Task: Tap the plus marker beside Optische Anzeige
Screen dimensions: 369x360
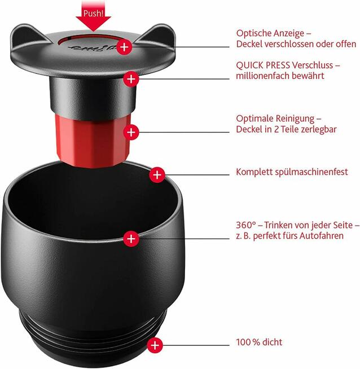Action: click(x=125, y=47)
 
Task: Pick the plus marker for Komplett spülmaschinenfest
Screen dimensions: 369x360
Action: click(x=157, y=174)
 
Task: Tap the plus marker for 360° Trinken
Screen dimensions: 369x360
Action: click(x=131, y=238)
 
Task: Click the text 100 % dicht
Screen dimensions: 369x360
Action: click(x=259, y=342)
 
